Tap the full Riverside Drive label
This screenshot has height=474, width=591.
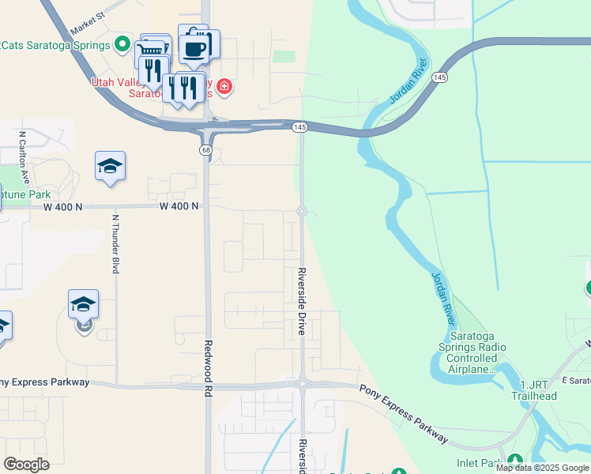tap(302, 301)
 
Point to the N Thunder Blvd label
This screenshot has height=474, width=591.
tap(115, 244)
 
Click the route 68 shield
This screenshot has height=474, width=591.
tap(205, 150)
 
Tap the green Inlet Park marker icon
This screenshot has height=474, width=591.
tap(515, 461)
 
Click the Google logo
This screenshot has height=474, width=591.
tap(26, 465)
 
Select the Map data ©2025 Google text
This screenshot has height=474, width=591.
tap(543, 468)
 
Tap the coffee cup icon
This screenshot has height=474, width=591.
tap(194, 49)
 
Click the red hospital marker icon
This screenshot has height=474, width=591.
tap(224, 86)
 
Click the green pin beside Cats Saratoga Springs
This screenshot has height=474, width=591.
tap(121, 44)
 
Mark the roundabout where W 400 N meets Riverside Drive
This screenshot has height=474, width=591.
tap(302, 211)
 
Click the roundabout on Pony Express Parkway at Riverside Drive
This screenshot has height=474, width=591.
tap(302, 384)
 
